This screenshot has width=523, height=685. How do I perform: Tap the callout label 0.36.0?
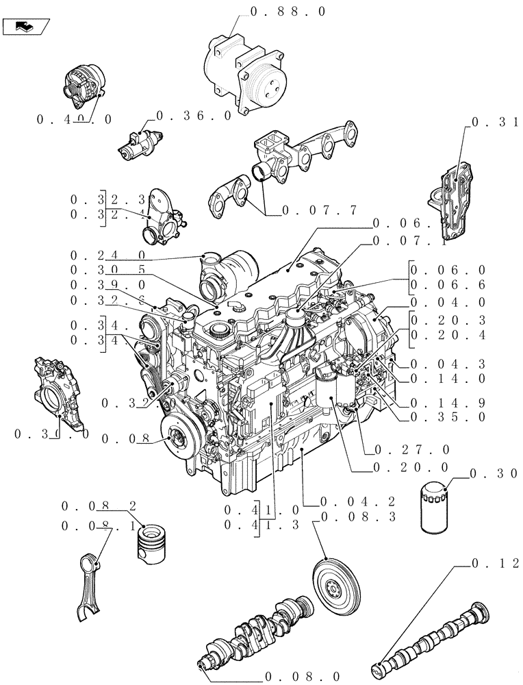coord(194,116)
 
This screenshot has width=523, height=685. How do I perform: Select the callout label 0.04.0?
coord(448,302)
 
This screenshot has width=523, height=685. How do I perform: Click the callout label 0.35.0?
coord(448,416)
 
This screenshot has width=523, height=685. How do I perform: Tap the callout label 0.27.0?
coord(411,450)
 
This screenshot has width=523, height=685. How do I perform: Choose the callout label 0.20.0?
coord(411,467)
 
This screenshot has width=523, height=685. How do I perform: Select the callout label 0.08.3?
coord(358,518)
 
